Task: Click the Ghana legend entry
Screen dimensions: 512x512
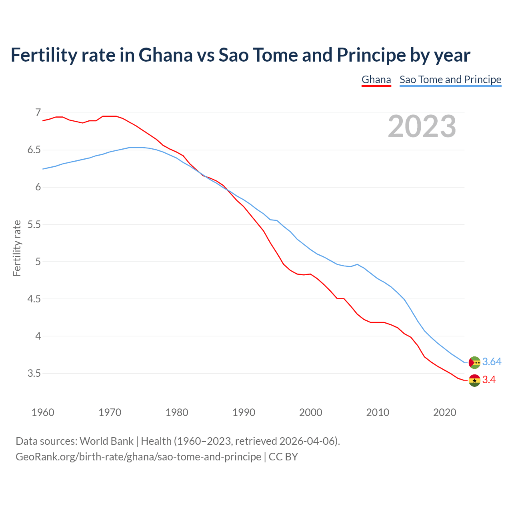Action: click(376, 80)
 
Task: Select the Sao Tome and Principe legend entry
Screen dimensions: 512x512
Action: click(450, 80)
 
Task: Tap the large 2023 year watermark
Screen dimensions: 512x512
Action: click(422, 126)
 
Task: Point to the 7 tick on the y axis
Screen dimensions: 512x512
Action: click(38, 112)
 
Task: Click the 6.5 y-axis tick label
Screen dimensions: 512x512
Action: click(34, 150)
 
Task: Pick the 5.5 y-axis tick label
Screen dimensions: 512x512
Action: click(34, 224)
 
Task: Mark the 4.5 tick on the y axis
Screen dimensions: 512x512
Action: click(34, 299)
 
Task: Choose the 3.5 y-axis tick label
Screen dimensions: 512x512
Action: click(34, 373)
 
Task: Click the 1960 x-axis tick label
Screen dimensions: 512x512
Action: click(43, 412)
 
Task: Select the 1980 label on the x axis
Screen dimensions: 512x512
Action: click(177, 412)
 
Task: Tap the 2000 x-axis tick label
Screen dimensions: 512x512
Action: click(311, 412)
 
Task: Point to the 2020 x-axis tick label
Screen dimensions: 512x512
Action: click(445, 412)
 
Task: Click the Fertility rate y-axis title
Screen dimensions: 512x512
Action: click(17, 248)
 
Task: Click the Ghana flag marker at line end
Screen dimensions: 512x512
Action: click(474, 380)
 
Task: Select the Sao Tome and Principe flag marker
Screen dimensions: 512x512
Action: click(474, 362)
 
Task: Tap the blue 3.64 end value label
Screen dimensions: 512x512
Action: click(492, 362)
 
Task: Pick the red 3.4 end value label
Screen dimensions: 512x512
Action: click(489, 380)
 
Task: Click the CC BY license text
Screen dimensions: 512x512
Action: click(283, 457)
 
